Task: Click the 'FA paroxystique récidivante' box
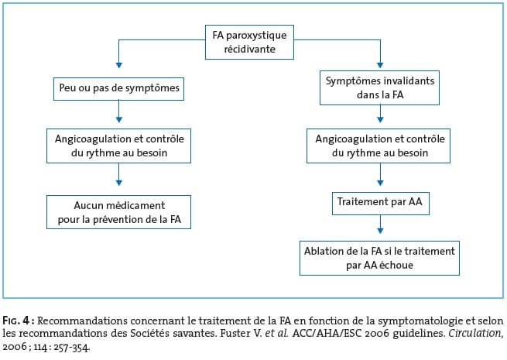(249, 42)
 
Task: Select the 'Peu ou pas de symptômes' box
(118, 88)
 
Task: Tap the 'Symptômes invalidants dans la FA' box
(379, 87)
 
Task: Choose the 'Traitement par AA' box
(381, 203)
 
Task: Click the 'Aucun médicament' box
(118, 212)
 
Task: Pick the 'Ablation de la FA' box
(379, 258)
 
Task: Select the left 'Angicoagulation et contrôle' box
(118, 146)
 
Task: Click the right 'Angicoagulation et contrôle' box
(379, 146)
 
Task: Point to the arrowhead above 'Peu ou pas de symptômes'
(119, 65)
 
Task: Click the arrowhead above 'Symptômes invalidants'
(380, 65)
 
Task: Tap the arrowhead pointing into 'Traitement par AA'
(380, 183)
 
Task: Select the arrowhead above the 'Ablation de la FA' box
(380, 231)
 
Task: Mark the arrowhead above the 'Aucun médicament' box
(119, 183)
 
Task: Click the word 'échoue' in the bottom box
(396, 265)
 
